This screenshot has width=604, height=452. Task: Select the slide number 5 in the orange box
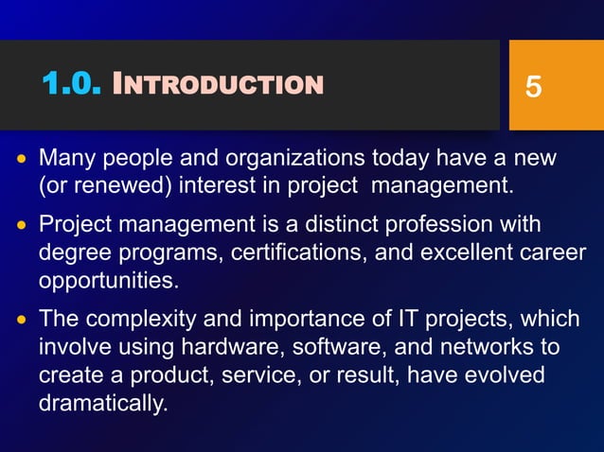[533, 88]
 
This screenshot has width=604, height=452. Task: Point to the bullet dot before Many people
[22, 157]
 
